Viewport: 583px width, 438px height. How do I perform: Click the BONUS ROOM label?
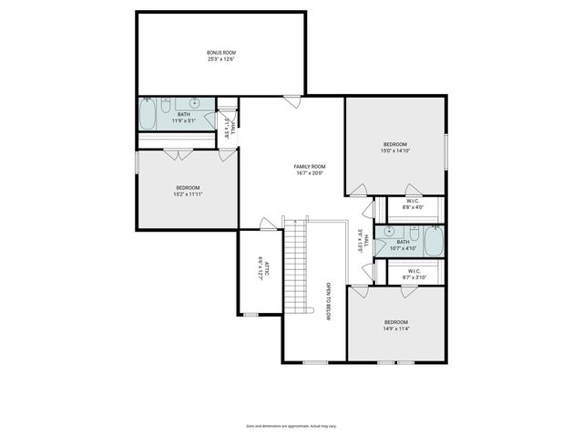pyautogui.click(x=220, y=53)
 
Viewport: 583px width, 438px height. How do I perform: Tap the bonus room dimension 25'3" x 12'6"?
pyautogui.click(x=220, y=59)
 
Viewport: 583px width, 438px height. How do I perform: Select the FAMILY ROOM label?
pyautogui.click(x=310, y=166)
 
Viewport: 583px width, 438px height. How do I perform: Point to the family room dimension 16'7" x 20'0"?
pyautogui.click(x=310, y=172)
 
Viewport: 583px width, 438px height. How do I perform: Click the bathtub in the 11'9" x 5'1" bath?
pyautogui.click(x=148, y=114)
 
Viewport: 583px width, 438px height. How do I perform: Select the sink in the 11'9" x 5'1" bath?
pyautogui.click(x=193, y=103)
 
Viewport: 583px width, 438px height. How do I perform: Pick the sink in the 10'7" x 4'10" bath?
pyautogui.click(x=388, y=232)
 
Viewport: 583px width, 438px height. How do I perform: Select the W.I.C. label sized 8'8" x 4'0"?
pyautogui.click(x=413, y=203)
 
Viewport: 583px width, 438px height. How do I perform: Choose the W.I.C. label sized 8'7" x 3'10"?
pyautogui.click(x=413, y=271)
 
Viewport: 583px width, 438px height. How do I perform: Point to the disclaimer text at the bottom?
pyautogui.click(x=291, y=425)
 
